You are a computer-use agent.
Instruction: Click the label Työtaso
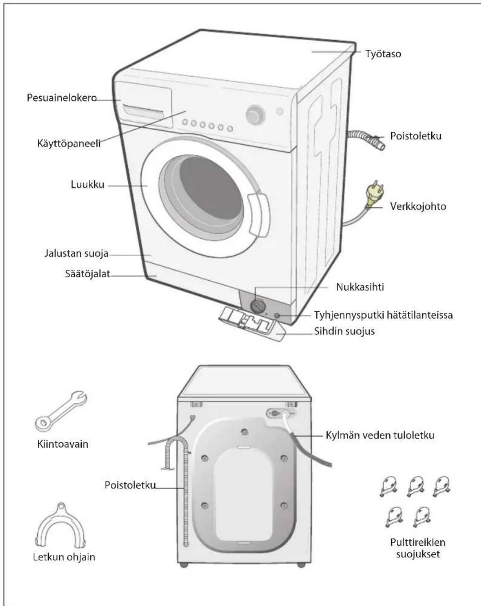[x=383, y=53]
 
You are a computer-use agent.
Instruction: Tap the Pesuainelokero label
[x=62, y=98]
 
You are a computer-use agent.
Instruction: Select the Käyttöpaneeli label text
[x=69, y=143]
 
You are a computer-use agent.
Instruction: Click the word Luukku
[x=88, y=184]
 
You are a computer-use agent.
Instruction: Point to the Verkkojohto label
[x=418, y=206]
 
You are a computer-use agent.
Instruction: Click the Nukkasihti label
[x=360, y=287]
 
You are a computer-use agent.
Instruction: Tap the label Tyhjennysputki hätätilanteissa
[x=383, y=315]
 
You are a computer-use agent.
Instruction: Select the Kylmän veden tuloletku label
[x=380, y=435]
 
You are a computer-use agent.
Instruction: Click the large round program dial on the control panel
[x=255, y=115]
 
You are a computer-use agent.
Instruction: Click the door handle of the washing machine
[x=258, y=215]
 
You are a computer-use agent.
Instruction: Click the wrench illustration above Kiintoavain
[x=61, y=412]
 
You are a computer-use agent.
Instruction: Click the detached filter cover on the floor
[x=251, y=324]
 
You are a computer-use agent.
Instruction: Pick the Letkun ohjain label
[x=64, y=557]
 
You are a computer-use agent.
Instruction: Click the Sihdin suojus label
[x=345, y=331]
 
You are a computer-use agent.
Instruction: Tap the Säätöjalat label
[x=88, y=274]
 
